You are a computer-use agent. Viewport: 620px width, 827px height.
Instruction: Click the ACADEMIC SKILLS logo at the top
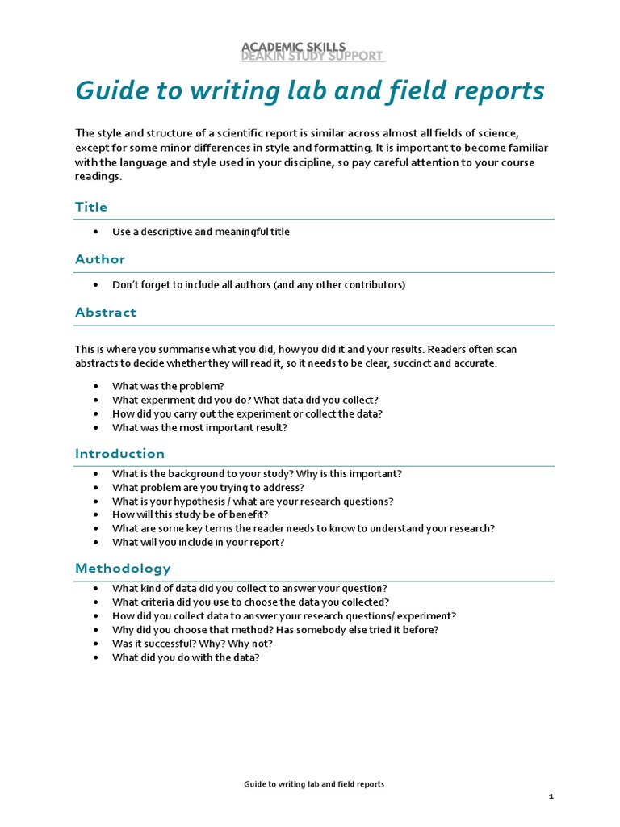pos(313,52)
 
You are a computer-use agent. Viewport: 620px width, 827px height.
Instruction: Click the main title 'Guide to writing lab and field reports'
pos(310,91)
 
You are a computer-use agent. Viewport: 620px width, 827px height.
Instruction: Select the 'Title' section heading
pos(91,207)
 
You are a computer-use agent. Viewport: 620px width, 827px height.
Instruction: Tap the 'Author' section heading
pos(100,259)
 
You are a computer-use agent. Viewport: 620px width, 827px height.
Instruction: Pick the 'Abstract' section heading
pos(106,312)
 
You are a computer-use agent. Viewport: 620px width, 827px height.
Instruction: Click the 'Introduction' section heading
pos(119,453)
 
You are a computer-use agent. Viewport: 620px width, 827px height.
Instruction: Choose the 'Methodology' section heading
pos(123,568)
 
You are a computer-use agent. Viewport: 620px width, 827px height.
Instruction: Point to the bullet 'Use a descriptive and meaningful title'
pos(200,232)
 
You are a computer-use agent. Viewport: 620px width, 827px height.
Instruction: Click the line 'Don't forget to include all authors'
pos(258,285)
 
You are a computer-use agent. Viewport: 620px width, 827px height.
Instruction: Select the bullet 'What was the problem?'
pos(168,386)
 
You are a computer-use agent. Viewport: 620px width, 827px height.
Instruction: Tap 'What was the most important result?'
pos(199,427)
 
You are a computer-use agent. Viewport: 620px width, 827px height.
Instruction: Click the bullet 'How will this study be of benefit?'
pos(190,514)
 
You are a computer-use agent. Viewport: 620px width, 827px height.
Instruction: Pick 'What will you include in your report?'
pos(198,542)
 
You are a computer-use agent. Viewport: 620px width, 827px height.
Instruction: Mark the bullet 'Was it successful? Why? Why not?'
pos(192,644)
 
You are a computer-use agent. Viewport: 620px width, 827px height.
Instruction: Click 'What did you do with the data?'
pos(186,657)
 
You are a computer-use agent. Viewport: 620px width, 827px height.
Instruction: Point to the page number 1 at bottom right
pos(551,796)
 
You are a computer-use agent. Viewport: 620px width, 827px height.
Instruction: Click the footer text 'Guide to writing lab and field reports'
pos(314,784)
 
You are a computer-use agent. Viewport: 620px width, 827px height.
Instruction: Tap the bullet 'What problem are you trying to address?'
pos(208,487)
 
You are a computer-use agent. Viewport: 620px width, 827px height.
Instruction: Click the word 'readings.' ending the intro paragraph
pos(98,177)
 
